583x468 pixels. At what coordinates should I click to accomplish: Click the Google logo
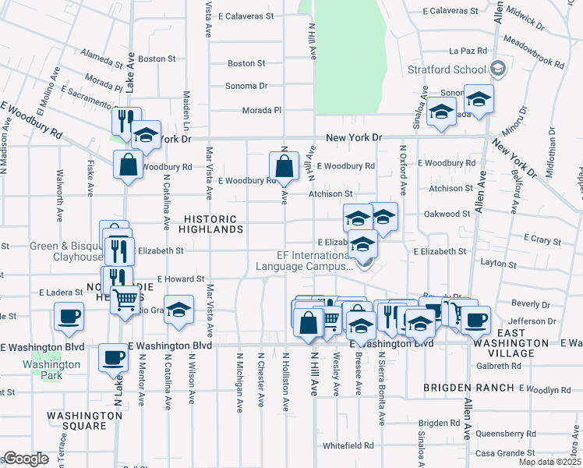click(26, 459)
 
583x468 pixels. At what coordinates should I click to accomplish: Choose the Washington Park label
click(51, 369)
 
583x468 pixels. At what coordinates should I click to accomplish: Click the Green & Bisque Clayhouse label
click(66, 251)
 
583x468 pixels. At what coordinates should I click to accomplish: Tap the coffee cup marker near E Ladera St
click(69, 317)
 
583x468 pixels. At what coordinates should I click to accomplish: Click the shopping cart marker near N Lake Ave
click(125, 299)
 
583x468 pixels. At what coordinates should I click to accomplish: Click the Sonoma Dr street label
click(246, 86)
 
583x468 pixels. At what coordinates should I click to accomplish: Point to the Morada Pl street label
click(261, 110)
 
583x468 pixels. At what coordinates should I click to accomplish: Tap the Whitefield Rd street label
click(348, 445)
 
